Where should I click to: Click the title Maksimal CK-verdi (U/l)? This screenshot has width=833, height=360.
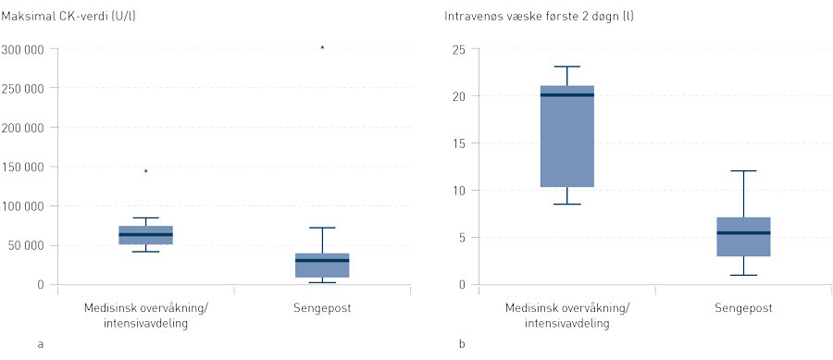coord(73,18)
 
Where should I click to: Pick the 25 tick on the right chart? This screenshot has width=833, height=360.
coord(457,49)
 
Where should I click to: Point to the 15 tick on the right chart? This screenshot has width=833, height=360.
coord(457,143)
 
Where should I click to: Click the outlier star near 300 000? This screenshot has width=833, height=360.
coord(322,47)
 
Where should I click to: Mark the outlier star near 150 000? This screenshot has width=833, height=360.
coord(145,171)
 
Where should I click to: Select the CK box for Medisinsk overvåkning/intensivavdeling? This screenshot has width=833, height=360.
coord(145,235)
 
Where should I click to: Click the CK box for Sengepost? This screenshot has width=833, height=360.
coord(322,265)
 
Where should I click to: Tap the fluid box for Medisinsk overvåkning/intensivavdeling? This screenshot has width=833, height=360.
coord(566,136)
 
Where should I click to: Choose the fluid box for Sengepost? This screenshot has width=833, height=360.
coord(742,237)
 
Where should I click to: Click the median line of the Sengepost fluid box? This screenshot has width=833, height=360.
coord(742,232)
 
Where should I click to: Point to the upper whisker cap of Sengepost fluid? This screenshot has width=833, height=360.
coord(742,171)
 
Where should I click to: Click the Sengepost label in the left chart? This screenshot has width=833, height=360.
coord(322,307)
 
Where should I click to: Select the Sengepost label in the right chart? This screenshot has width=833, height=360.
coord(742,307)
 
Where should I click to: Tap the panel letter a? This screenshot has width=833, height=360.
coord(40,344)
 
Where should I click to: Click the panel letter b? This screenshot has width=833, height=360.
coord(462,344)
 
